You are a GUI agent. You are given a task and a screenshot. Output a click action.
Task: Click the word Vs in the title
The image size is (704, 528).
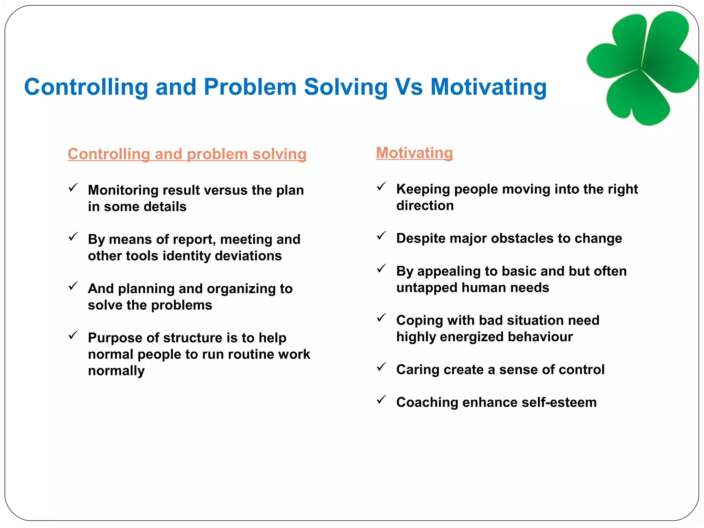tap(409, 87)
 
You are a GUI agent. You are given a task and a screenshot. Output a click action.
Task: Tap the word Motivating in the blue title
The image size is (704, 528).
tap(488, 87)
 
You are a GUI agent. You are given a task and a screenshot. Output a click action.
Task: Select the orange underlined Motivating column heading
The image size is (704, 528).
tap(414, 153)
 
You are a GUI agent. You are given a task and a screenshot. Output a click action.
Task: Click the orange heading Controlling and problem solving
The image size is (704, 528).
tap(187, 154)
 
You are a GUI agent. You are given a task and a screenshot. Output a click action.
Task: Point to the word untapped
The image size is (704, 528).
tap(427, 287)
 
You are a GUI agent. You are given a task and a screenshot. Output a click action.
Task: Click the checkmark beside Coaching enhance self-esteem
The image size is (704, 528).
tap(381, 400)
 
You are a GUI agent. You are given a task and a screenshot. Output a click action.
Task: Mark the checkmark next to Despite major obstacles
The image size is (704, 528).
tap(381, 236)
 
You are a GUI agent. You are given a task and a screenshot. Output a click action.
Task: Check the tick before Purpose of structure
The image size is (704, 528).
tap(73, 335)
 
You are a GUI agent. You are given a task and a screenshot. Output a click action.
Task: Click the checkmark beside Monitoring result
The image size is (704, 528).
tap(73, 188)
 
